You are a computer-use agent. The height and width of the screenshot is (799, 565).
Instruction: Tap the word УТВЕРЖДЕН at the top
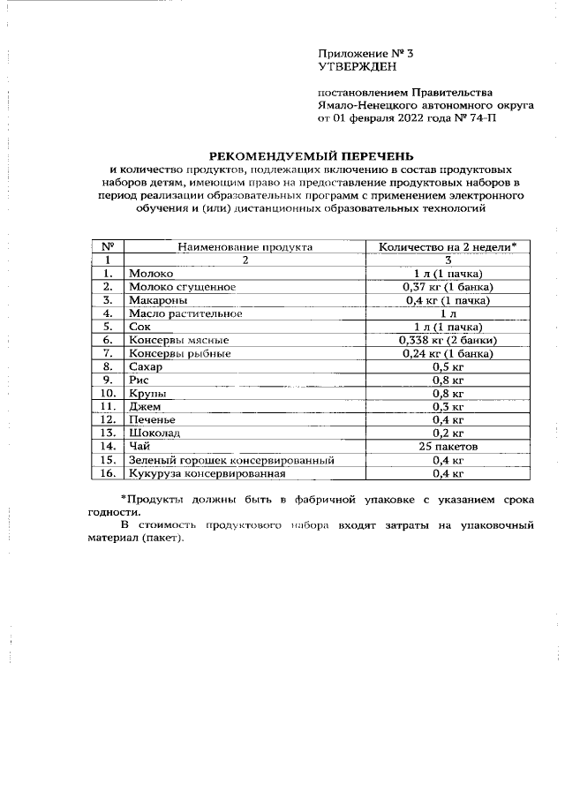pos(358,66)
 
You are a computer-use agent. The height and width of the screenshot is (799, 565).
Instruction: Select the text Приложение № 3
pos(365,53)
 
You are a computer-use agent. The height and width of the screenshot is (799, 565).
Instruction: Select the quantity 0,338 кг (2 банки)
pos(448,340)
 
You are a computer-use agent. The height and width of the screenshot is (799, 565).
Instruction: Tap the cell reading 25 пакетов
pos(448,447)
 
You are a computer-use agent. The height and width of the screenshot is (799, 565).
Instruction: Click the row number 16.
pos(108,473)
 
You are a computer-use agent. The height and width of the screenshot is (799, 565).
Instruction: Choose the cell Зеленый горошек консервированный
pos(230,460)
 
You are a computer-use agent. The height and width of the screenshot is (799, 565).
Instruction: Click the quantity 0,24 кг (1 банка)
pos(448,353)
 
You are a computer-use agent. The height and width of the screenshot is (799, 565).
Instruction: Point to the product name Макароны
pos(158,300)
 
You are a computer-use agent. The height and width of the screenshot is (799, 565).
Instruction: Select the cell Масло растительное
pos(185,313)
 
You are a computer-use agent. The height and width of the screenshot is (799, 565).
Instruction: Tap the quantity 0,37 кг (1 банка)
pos(448,287)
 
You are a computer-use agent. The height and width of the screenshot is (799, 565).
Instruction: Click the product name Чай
pos(139,447)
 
